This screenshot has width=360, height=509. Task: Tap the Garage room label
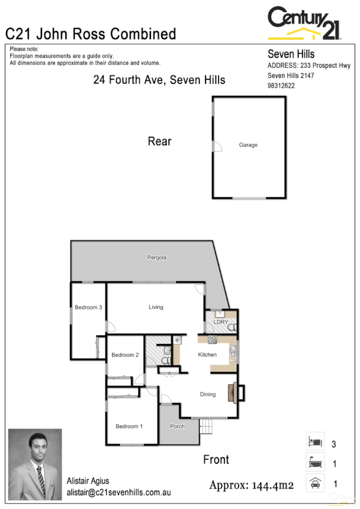tap(248, 145)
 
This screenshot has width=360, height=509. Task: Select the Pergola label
tap(157, 257)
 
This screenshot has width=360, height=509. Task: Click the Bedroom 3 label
tap(89, 308)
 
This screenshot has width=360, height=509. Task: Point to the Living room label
tap(156, 308)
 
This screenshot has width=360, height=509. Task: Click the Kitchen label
tap(207, 355)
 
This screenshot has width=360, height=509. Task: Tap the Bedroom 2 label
tap(125, 355)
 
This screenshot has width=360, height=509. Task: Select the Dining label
tap(208, 394)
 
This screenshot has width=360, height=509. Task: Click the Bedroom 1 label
tap(129, 426)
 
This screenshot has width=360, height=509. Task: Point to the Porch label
tap(177, 426)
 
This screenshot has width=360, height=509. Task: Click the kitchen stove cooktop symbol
tap(211, 340)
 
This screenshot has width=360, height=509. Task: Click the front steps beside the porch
tap(207, 427)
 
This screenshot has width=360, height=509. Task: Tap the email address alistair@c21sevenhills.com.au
tap(119, 492)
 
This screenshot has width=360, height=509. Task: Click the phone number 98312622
tap(281, 86)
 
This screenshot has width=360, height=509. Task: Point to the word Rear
tap(159, 141)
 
